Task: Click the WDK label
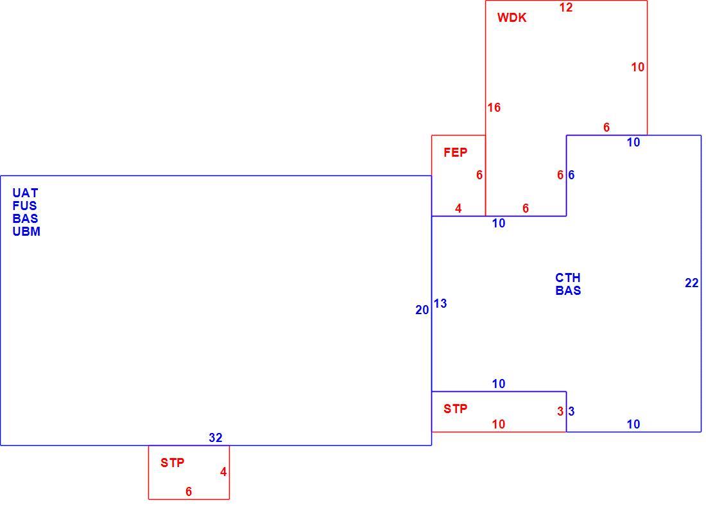tap(512, 17)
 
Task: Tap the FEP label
tap(455, 152)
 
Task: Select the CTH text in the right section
tap(568, 277)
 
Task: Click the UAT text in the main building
tap(25, 193)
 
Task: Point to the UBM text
tap(26, 231)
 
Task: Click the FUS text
tap(25, 206)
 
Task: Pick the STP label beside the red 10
tap(455, 409)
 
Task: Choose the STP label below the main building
tap(173, 463)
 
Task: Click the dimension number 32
tap(216, 437)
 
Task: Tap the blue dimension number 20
tap(422, 310)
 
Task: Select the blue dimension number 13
tap(440, 303)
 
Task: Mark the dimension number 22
tap(692, 283)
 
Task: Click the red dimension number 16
tap(494, 107)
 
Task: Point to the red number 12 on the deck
tap(566, 7)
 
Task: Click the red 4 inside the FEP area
tap(458, 208)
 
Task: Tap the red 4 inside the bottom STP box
tap(223, 472)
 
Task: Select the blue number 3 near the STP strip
tap(571, 411)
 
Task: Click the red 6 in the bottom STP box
tap(189, 491)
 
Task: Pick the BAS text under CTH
tap(568, 290)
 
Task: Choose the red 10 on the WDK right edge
tap(637, 67)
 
